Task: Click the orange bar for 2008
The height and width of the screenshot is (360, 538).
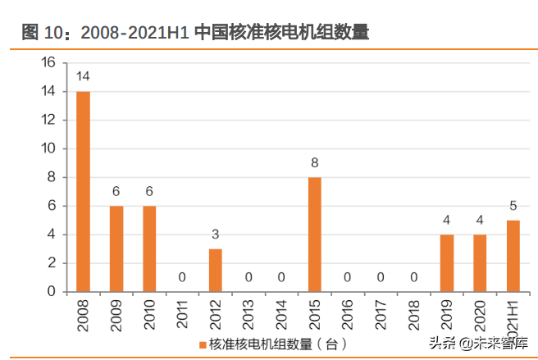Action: pyautogui.click(x=83, y=191)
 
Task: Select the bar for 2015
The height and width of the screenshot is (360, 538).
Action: pyautogui.click(x=314, y=235)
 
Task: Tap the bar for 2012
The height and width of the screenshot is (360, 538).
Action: pyautogui.click(x=215, y=270)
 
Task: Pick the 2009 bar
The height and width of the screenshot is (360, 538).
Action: pyautogui.click(x=116, y=248)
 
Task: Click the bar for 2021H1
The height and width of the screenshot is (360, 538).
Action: pyautogui.click(x=512, y=256)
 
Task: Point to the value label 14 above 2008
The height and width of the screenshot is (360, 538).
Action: pyautogui.click(x=83, y=77)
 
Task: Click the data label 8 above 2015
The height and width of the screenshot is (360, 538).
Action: pyautogui.click(x=314, y=163)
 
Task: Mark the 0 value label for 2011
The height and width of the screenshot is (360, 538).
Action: pyautogui.click(x=182, y=278)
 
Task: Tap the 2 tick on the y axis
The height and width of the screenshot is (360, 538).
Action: pyautogui.click(x=51, y=263)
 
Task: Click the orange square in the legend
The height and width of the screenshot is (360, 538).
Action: pyautogui.click(x=203, y=343)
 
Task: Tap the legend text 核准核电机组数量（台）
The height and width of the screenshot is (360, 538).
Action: pyautogui.click(x=279, y=343)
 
